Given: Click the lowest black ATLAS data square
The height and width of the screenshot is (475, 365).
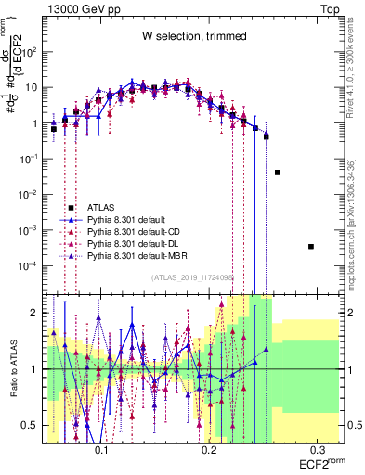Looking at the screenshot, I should (311, 246).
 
